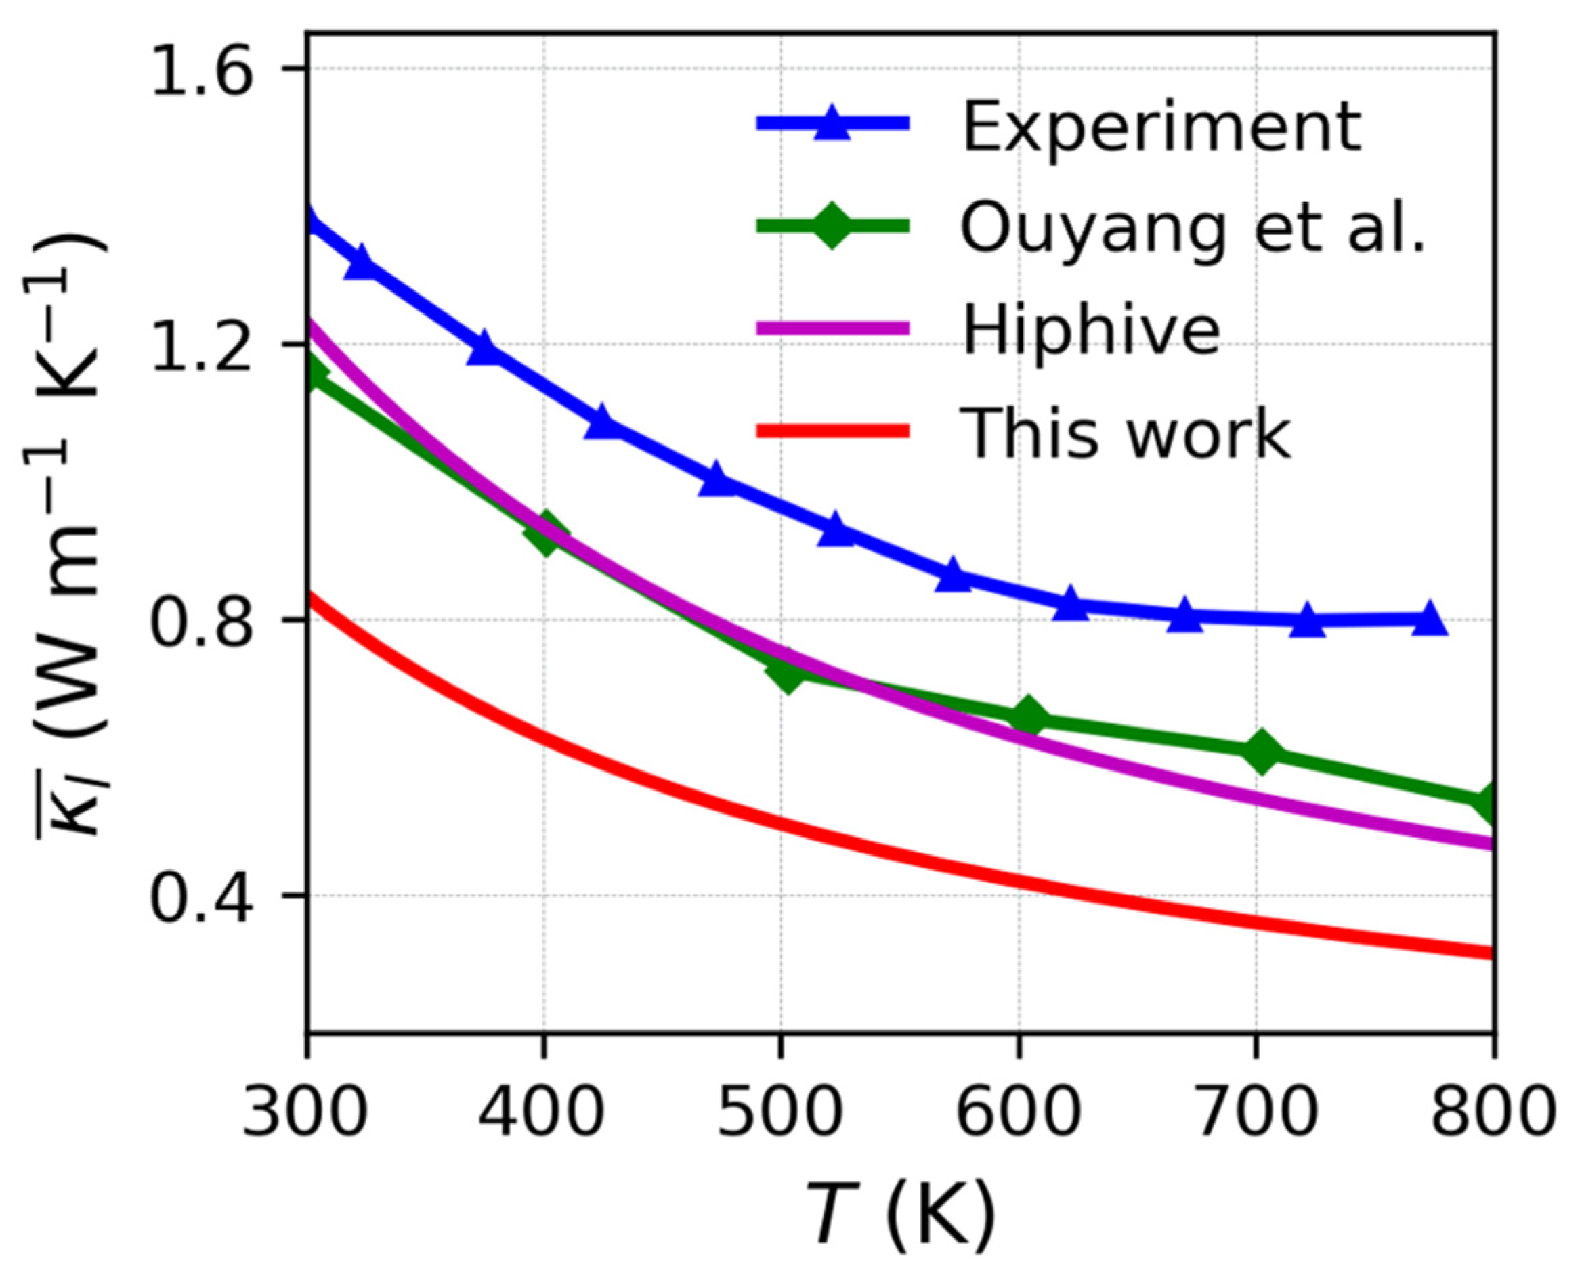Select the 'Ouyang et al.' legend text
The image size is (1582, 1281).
pyautogui.click(x=1193, y=229)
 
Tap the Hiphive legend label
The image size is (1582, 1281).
pyautogui.click(x=1090, y=330)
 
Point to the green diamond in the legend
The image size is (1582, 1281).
pyautogui.click(x=832, y=225)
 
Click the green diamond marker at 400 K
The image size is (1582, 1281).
pyautogui.click(x=545, y=534)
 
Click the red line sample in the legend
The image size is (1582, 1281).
pyautogui.click(x=832, y=430)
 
